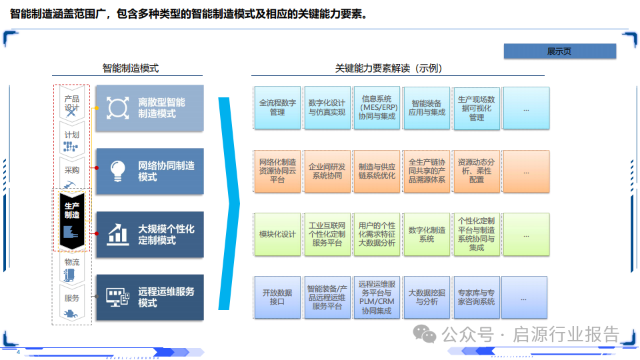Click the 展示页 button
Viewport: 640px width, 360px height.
click(559, 51)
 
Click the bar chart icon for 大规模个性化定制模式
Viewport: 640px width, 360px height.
click(118, 234)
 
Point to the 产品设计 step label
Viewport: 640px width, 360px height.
click(71, 103)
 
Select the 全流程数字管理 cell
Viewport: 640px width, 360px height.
click(277, 108)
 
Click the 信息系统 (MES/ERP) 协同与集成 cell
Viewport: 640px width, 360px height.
click(377, 108)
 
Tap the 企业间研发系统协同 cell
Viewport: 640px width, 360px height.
click(327, 171)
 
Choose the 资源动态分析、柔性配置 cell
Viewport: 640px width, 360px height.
click(476, 171)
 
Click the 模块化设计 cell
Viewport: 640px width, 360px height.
click(277, 234)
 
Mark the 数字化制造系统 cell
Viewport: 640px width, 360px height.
click(427, 234)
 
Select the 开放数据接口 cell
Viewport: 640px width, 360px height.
click(277, 297)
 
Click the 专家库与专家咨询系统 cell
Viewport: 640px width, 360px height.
click(476, 297)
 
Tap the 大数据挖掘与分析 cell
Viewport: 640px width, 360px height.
click(427, 297)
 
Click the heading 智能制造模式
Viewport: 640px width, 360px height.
click(130, 68)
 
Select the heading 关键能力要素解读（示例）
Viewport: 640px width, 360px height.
click(388, 68)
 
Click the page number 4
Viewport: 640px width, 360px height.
click(18, 352)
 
